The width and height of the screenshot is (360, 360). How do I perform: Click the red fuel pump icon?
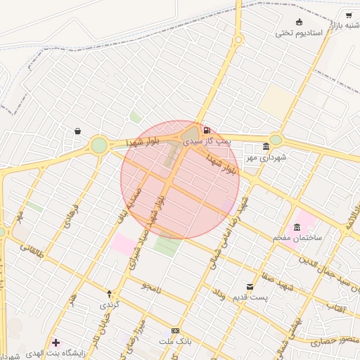pyautogui.click(x=206, y=130)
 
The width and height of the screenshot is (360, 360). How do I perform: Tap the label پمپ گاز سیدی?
pyautogui.click(x=207, y=141)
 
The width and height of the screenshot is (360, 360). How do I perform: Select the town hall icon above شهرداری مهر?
pyautogui.click(x=266, y=146)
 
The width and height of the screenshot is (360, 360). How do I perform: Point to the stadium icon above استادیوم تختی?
pyautogui.click(x=300, y=22)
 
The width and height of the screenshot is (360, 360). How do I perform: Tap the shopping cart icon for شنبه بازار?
pyautogui.click(x=349, y=15)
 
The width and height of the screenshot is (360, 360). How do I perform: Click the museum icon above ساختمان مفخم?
pyautogui.click(x=297, y=226)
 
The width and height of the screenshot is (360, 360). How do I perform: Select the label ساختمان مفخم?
pyautogui.click(x=297, y=238)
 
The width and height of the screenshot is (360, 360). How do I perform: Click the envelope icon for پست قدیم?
pyautogui.click(x=250, y=286)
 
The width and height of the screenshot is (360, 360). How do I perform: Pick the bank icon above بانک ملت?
pyautogui.click(x=175, y=330)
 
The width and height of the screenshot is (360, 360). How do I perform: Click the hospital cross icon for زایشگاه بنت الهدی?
pyautogui.click(x=56, y=342)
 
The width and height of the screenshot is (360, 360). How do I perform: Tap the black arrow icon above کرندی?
pyautogui.click(x=109, y=293)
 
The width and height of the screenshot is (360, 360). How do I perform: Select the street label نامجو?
pyautogui.click(x=151, y=288)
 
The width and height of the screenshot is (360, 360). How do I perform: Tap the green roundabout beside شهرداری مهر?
pyautogui.click(x=276, y=139)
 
